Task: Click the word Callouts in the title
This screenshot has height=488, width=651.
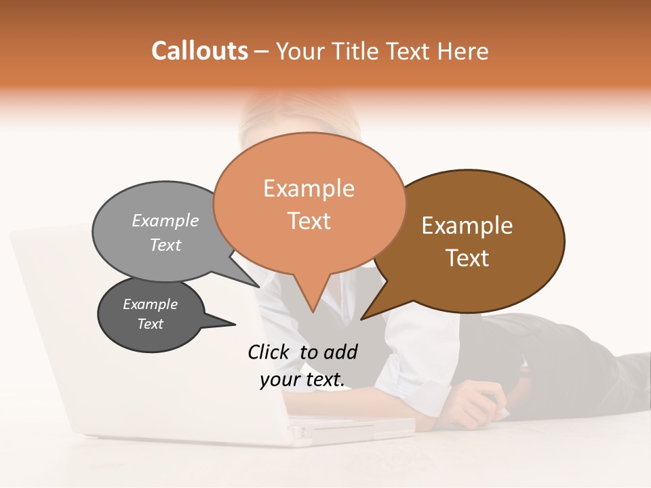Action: pyautogui.click(x=199, y=51)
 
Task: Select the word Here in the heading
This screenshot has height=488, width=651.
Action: pyautogui.click(x=463, y=52)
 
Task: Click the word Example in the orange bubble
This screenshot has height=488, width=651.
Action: pyautogui.click(x=309, y=188)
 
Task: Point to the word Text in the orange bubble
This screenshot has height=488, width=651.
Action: pyautogui.click(x=309, y=221)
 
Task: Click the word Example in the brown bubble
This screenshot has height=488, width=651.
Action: pyautogui.click(x=467, y=226)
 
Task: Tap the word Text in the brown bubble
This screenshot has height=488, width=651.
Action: pyautogui.click(x=467, y=258)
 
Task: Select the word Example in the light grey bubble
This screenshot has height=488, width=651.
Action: pyautogui.click(x=165, y=221)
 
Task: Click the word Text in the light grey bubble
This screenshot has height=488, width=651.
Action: pyautogui.click(x=165, y=245)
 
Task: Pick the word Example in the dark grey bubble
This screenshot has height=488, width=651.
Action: pyautogui.click(x=150, y=304)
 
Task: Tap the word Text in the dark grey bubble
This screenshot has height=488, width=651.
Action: pyautogui.click(x=150, y=324)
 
